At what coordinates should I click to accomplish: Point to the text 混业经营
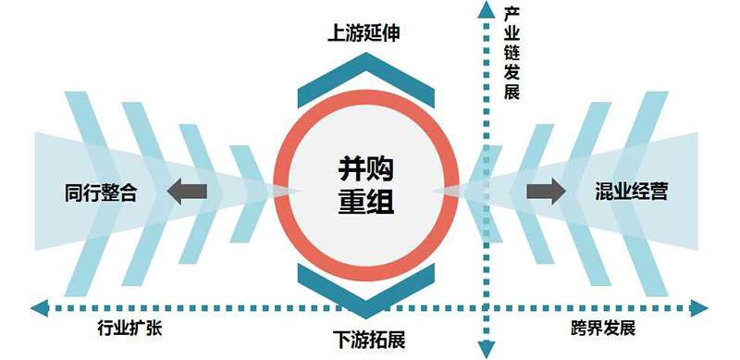coord(633,192)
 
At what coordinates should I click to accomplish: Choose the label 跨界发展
coord(602,329)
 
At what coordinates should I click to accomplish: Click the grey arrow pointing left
coord(186,191)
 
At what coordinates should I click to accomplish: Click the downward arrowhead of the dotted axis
coord(484,349)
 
